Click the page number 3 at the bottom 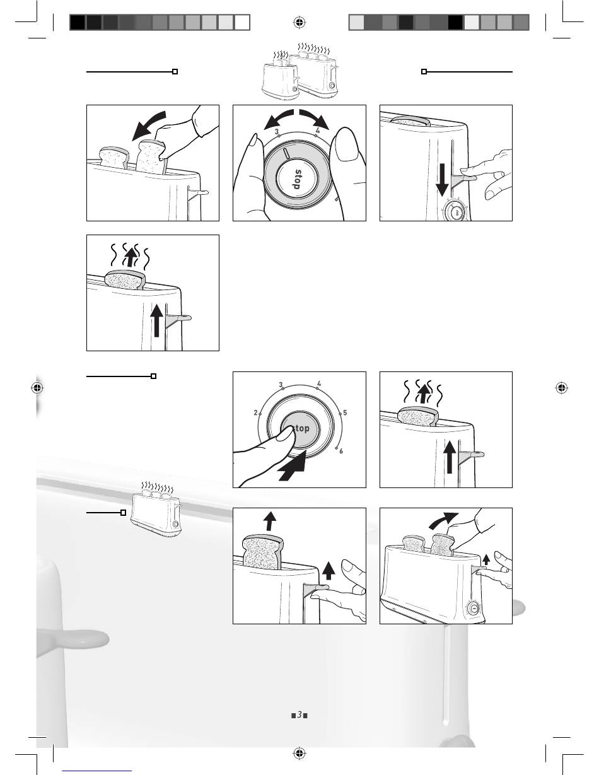(299, 714)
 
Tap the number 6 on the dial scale (341, 452)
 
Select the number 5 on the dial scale (346, 412)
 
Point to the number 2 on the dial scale (256, 412)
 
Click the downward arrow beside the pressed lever (443, 179)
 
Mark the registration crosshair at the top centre (299, 23)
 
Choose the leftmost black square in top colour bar (77, 23)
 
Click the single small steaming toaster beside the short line (156, 514)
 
